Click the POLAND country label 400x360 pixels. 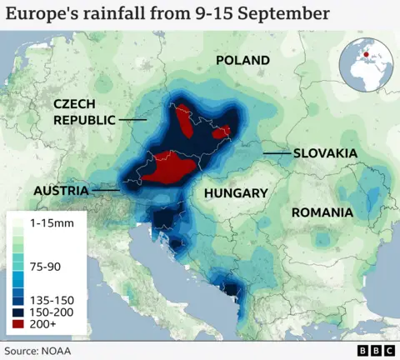point(242,60)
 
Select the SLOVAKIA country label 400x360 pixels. point(324,153)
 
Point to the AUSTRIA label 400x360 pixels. point(61,191)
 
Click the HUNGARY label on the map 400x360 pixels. point(236,192)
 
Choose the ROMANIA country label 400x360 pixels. point(322,212)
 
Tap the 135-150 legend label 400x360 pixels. point(52,298)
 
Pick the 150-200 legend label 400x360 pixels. point(52,310)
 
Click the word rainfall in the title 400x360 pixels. point(112,14)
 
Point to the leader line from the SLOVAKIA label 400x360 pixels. point(276,153)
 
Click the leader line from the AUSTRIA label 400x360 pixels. point(104,191)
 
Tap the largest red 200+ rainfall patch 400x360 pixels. point(170,165)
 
